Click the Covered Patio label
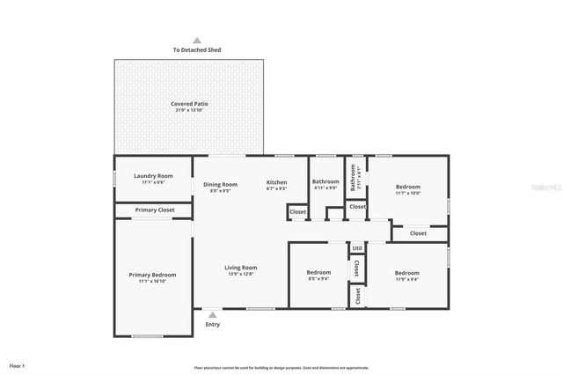pyautogui.click(x=189, y=104)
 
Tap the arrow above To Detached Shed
pyautogui.click(x=197, y=40)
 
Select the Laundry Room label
pyautogui.click(x=153, y=176)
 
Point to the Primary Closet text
pyautogui.click(x=154, y=210)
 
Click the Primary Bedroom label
pyautogui.click(x=153, y=275)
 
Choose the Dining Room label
pyautogui.click(x=220, y=184)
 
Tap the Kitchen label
pyautogui.click(x=277, y=183)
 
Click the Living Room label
pyautogui.click(x=240, y=268)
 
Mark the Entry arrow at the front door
pyautogui.click(x=212, y=314)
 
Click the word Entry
pyautogui.click(x=213, y=325)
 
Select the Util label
pyautogui.click(x=357, y=248)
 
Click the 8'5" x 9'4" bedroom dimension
pyautogui.click(x=318, y=279)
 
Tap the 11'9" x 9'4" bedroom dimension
pyautogui.click(x=406, y=279)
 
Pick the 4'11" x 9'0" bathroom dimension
pyautogui.click(x=325, y=187)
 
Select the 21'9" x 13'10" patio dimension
pyautogui.click(x=189, y=110)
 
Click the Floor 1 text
pyautogui.click(x=18, y=364)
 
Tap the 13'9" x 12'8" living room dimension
pyautogui.click(x=240, y=274)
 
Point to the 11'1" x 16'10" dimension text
pyautogui.click(x=153, y=281)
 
